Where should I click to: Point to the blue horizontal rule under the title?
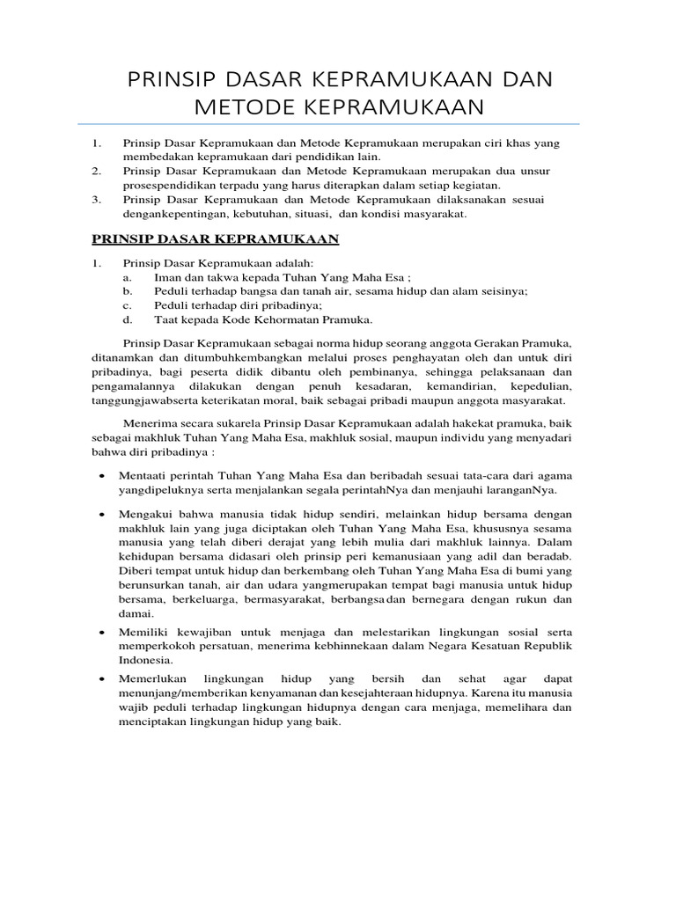point(338,124)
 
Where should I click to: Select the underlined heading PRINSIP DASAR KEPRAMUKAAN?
point(216,238)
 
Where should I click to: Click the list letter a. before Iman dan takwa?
point(129,276)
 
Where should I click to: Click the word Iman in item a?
point(167,276)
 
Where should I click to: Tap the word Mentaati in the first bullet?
point(145,476)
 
